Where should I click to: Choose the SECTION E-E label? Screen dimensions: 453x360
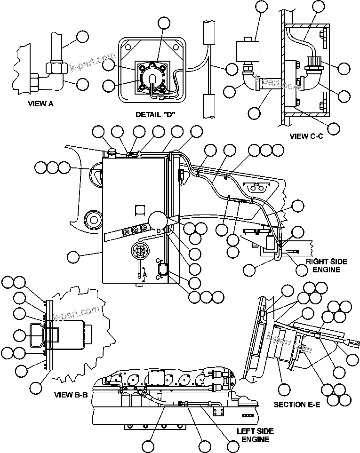(297, 404)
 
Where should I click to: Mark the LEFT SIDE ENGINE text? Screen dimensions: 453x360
(255, 435)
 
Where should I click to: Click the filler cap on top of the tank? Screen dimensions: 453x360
(112, 151)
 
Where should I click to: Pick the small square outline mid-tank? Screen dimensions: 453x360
(139, 209)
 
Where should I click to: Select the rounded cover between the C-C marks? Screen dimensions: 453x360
(163, 270)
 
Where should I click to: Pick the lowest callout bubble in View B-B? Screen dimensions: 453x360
(36, 388)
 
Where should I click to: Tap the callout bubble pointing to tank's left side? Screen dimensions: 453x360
(73, 256)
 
